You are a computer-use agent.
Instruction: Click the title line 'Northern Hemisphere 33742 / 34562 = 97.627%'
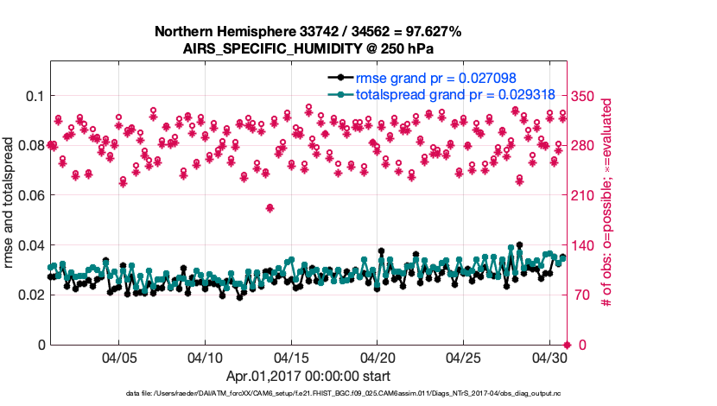[x=308, y=32]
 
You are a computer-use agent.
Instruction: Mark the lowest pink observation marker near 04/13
[x=270, y=207]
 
